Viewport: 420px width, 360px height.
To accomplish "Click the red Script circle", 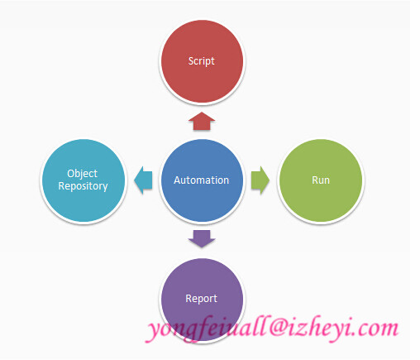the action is pos(202,61).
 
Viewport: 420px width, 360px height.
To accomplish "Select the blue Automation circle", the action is pos(202,180).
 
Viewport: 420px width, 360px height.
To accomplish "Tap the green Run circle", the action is pos(321,180).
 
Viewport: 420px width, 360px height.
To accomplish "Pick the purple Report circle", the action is pos(202,300).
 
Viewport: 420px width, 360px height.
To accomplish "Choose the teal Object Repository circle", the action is pos(84,180).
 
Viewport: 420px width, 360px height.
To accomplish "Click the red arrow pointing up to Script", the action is pos(202,121).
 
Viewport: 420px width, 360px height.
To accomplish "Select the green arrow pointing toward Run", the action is pos(260,180).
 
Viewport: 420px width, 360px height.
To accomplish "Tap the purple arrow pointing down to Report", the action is pos(202,238).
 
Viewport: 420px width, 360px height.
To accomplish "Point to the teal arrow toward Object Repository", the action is pos(143,180).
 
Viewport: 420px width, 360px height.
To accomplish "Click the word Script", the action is pos(202,61).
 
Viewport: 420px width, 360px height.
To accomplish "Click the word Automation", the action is pos(202,180).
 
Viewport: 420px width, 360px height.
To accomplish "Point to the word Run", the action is pos(321,180).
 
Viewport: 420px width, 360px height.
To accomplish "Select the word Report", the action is pos(202,299).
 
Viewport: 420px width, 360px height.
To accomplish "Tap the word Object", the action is pos(82,174).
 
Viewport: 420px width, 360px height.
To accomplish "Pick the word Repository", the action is pos(83,186).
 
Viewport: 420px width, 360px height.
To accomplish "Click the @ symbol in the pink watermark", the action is pos(278,328).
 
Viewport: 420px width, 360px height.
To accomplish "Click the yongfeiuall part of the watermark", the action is pos(207,329).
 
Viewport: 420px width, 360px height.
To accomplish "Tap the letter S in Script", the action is pos(191,60).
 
